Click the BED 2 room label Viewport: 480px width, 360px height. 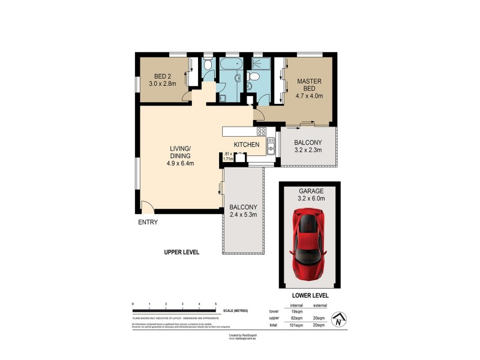[x=160, y=80]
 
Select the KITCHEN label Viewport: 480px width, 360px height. [x=246, y=145]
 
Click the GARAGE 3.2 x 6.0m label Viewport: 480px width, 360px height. [x=310, y=195]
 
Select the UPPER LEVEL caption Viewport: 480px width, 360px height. [x=181, y=252]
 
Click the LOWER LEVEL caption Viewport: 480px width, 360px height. [x=310, y=296]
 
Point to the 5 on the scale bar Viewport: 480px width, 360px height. [x=215, y=305]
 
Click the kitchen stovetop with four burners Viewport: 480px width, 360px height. [x=262, y=131]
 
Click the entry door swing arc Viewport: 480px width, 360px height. [x=147, y=207]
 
